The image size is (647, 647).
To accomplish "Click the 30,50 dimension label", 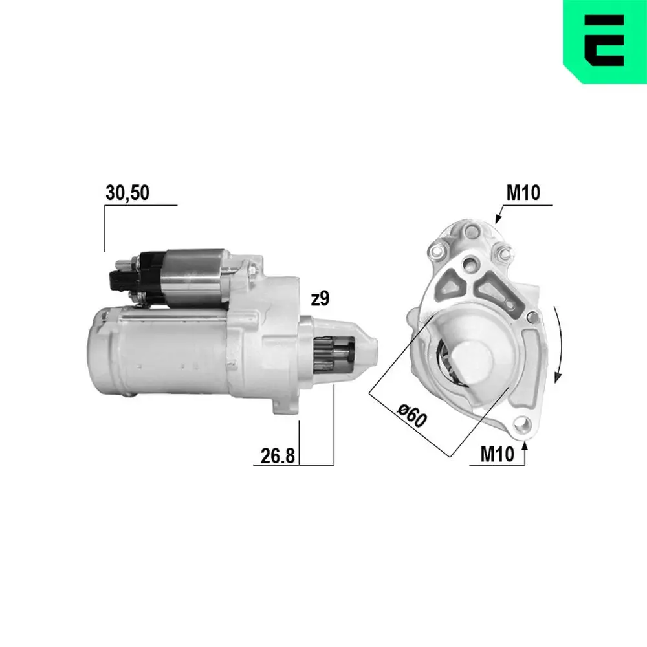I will click(x=127, y=193).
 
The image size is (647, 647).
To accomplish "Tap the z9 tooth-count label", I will click(x=320, y=299).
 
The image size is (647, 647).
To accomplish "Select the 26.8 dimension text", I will click(x=278, y=456).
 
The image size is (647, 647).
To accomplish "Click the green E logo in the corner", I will click(x=604, y=42).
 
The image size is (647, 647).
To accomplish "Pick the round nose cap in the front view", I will click(x=477, y=362).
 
